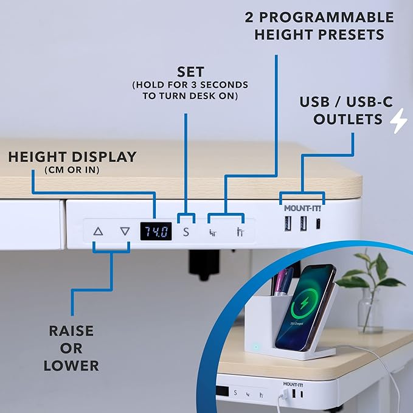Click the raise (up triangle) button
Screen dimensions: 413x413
point(99,231)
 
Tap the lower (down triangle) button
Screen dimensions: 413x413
point(125,231)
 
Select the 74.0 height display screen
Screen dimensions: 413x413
point(156,231)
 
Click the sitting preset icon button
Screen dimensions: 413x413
point(213,231)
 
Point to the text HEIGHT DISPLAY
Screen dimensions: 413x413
point(72,157)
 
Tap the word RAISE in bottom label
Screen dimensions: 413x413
point(71,331)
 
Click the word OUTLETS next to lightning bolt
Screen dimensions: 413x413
point(349,119)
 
